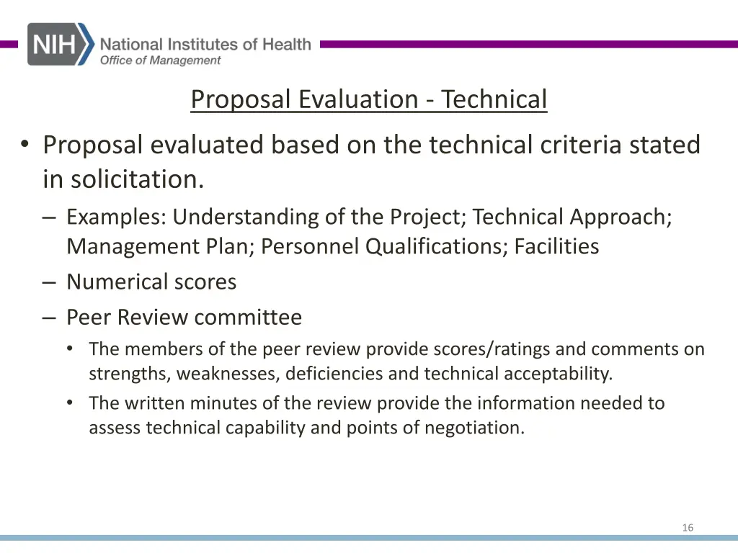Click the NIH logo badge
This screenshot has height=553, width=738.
tap(61, 44)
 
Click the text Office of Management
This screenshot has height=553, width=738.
tap(160, 60)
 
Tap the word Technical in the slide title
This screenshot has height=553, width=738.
tap(494, 99)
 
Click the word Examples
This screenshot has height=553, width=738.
tap(116, 217)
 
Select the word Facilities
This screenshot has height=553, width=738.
tap(556, 246)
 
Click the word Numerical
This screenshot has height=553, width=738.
tap(115, 282)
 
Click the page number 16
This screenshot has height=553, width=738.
tap(688, 528)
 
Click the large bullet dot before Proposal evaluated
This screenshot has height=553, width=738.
tap(25, 145)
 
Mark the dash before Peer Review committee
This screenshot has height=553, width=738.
tap(48, 317)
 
